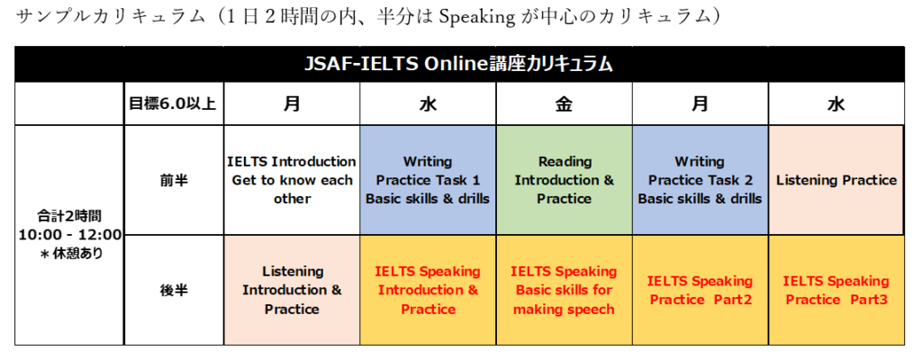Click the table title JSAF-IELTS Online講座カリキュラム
pos(458,64)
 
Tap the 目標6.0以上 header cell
pos(174,103)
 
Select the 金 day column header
pos(564,103)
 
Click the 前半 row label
pos(174,180)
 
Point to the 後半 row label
pos(174,290)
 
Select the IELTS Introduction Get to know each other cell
pos(292,180)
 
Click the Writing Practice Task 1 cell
pos(428,180)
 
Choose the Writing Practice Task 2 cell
pos(700,180)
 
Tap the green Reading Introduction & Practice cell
pos(564,180)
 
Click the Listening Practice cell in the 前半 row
pos(836,180)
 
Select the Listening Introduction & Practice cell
pos(292,290)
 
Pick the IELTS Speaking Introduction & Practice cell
pos(428,290)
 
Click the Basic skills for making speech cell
pos(564,290)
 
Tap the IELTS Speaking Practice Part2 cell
pos(700,290)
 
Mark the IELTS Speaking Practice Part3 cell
pos(836,290)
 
